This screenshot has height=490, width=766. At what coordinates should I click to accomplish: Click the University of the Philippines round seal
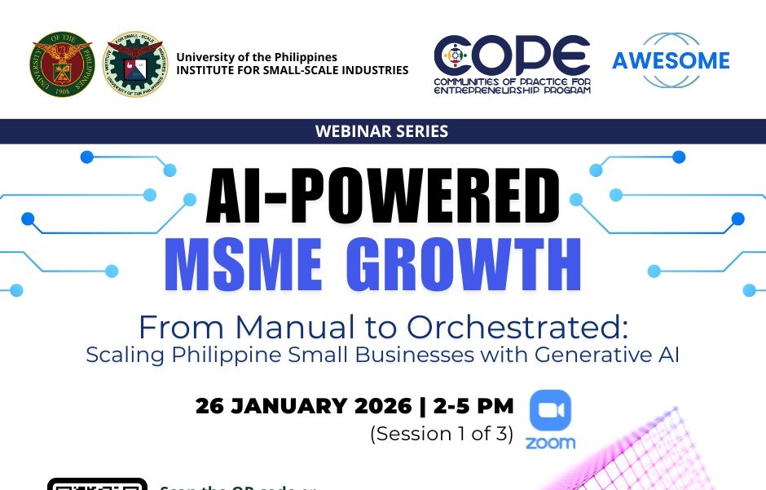63,64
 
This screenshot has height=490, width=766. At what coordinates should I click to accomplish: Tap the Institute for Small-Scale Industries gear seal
134,64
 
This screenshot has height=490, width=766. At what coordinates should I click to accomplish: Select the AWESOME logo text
671,60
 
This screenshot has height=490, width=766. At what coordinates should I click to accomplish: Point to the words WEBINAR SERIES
382,130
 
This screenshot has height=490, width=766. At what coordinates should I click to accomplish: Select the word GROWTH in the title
464,265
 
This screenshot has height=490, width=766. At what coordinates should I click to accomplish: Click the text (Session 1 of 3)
442,434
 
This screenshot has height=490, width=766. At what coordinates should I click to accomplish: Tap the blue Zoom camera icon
550,410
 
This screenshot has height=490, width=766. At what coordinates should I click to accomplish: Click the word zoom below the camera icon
550,444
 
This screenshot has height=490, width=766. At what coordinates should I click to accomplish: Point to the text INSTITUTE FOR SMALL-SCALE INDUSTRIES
293,70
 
